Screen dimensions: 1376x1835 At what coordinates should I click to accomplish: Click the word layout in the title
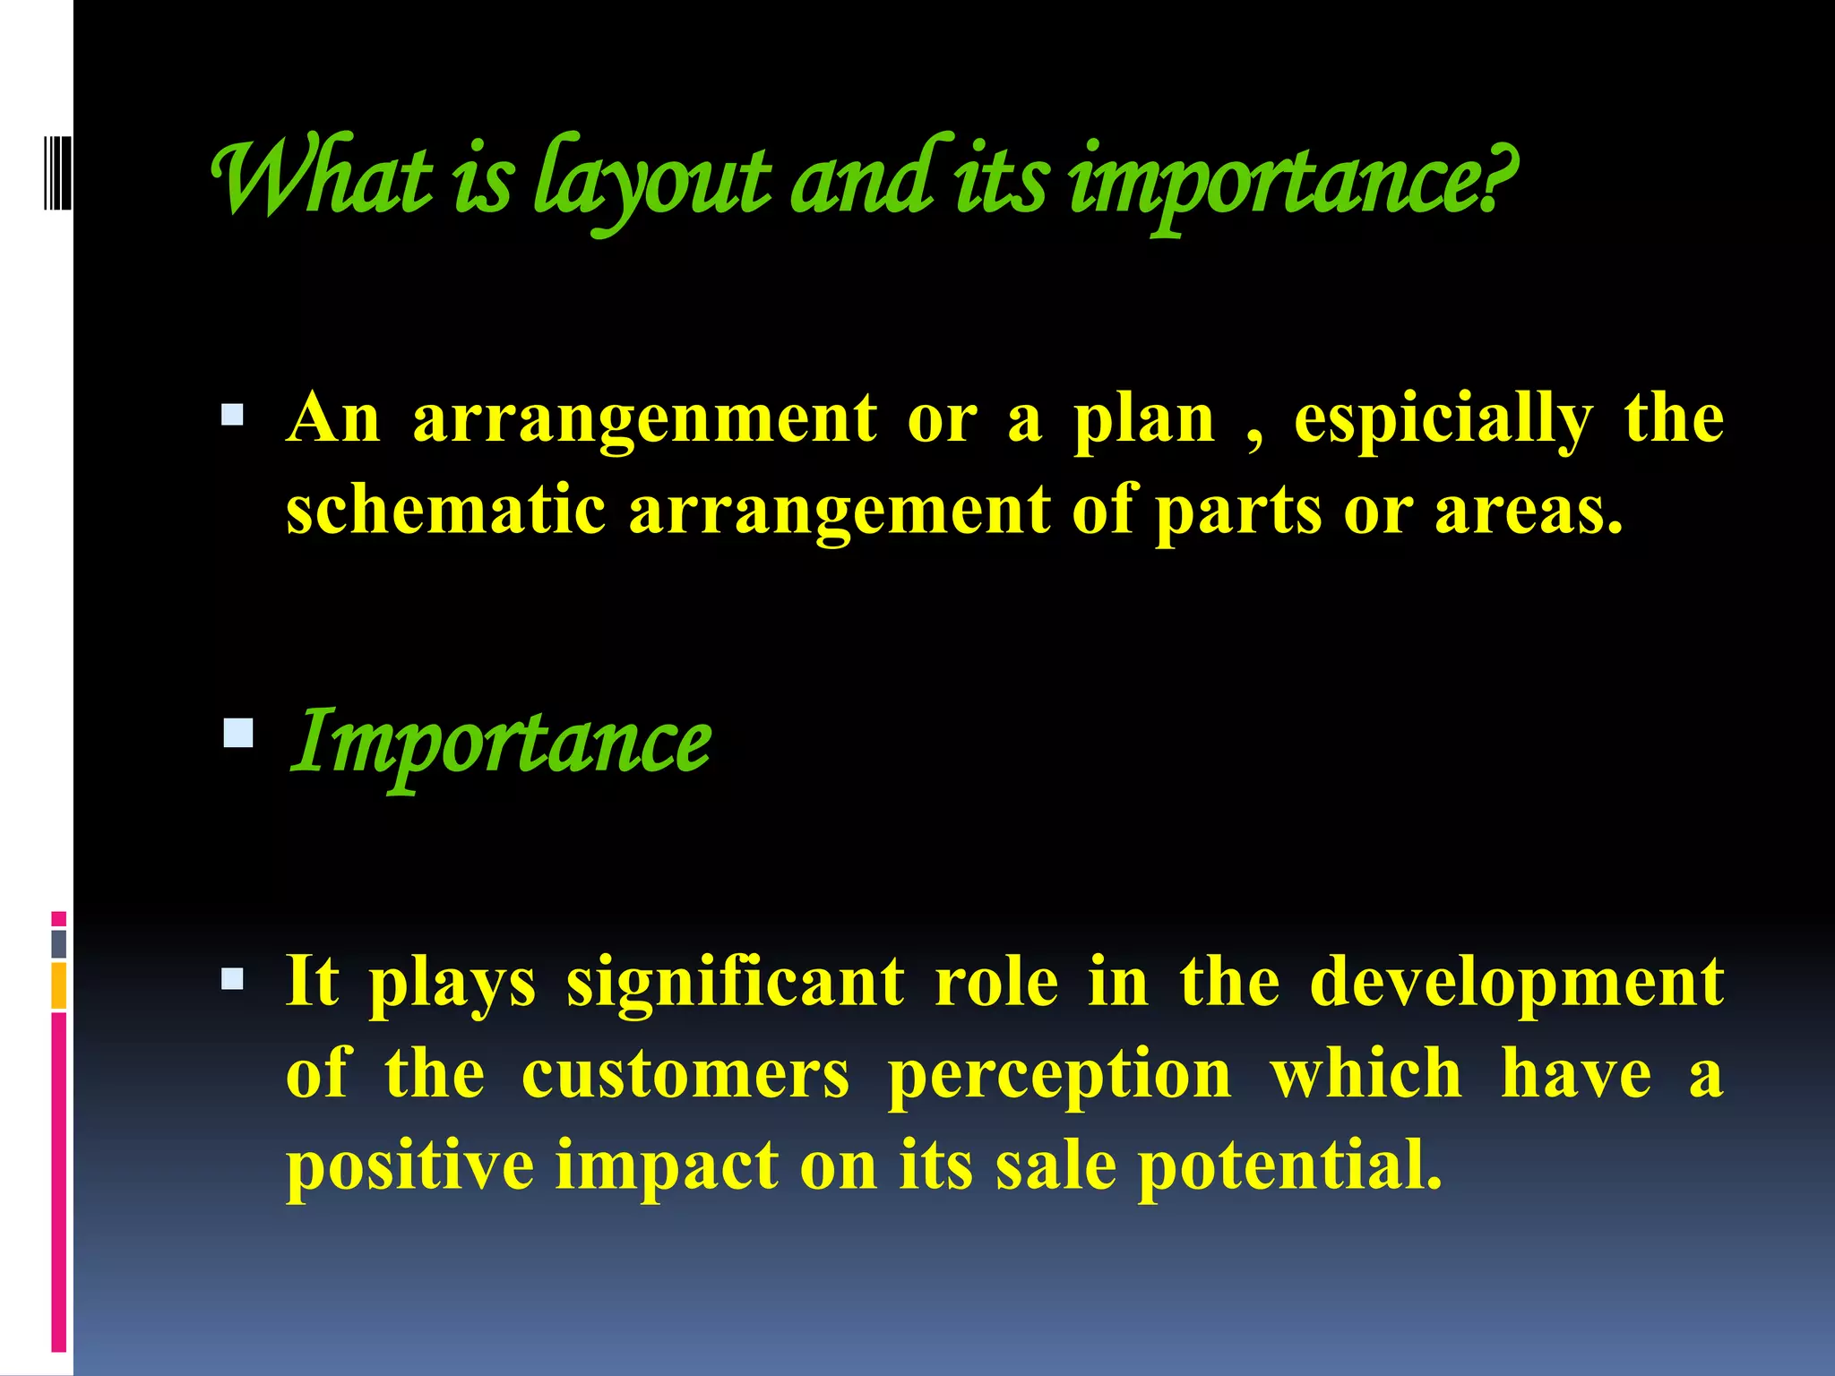(651, 184)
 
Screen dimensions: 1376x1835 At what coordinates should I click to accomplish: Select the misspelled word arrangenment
(644, 419)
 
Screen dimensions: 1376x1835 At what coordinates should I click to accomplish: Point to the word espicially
(1443, 419)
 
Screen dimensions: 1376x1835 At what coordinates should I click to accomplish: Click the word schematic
(445, 510)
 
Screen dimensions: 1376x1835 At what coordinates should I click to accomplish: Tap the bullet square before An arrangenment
(232, 415)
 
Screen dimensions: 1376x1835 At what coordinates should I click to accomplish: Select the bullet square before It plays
(232, 978)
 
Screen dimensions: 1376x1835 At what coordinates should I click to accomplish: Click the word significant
(735, 983)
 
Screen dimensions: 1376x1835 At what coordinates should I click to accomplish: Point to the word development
(1516, 983)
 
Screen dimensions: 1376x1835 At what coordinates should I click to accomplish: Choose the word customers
(685, 1074)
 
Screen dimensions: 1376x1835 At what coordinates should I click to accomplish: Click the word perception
(1059, 1074)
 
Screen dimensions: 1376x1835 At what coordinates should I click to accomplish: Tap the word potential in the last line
(1290, 1165)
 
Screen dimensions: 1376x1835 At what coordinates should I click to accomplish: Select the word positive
(409, 1165)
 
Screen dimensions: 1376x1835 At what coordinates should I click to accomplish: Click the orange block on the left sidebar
(59, 985)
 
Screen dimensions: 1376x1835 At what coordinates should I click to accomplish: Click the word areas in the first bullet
(1528, 510)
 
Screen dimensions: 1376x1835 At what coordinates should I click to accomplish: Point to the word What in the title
(323, 179)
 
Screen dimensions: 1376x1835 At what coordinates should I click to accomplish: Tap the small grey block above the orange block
(59, 943)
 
